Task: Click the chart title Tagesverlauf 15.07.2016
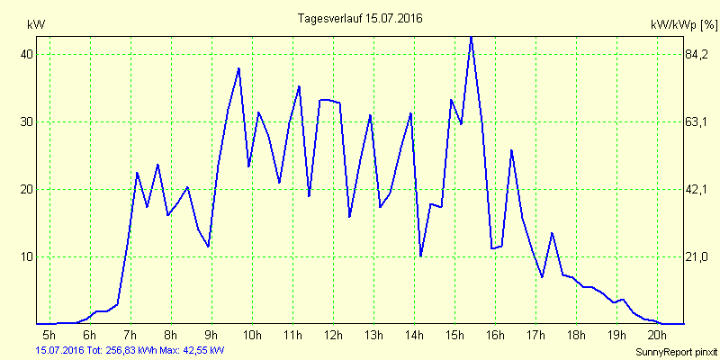click(360, 18)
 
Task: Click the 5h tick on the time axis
click(49, 335)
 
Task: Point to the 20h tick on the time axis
click(657, 335)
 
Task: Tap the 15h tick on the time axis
click(454, 335)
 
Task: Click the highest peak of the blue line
click(471, 37)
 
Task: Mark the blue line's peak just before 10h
click(238, 68)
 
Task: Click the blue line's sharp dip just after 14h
click(421, 256)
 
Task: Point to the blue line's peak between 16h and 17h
click(511, 150)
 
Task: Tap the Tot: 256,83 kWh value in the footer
click(121, 349)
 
